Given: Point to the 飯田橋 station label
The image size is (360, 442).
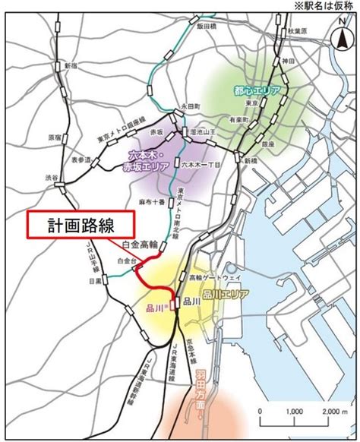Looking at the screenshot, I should click(207, 25).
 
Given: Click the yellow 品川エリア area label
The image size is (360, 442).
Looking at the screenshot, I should click(223, 294).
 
